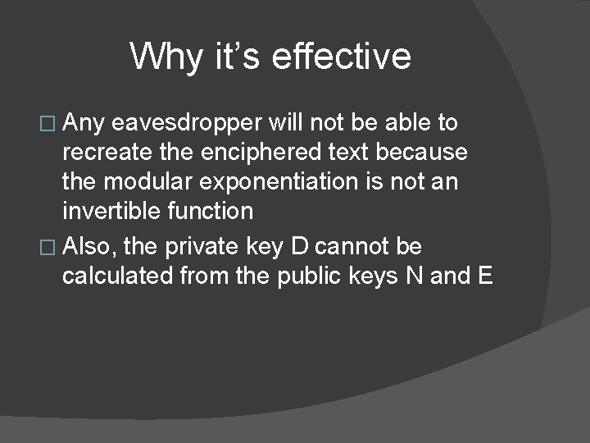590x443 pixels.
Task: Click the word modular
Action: point(149,182)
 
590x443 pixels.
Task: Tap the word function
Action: point(211,211)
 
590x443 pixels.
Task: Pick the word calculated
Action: point(118,276)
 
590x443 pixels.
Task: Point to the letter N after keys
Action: point(415,276)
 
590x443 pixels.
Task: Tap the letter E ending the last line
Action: point(483,276)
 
